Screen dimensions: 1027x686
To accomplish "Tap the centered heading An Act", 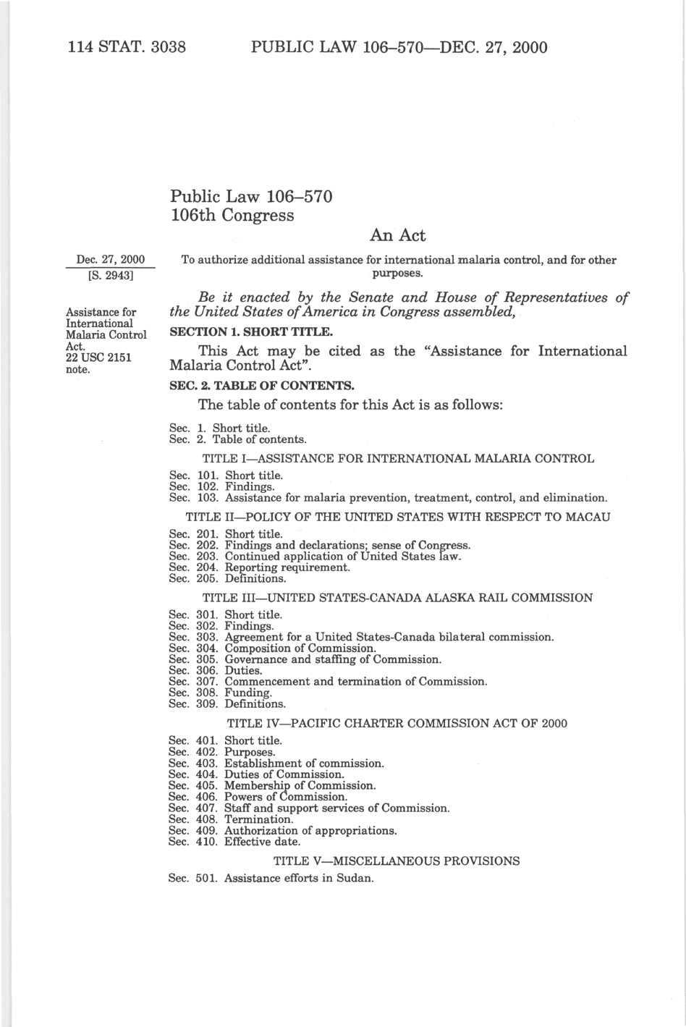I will (397, 235).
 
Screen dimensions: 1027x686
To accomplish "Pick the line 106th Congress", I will (232, 215).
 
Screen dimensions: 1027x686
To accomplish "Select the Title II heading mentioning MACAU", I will (398, 517).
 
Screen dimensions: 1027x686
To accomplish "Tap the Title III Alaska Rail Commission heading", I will (397, 598).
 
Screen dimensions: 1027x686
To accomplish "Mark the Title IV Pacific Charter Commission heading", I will (397, 723).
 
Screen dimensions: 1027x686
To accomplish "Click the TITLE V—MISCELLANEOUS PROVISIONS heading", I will (397, 861).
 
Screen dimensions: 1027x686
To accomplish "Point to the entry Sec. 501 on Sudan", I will (271, 879).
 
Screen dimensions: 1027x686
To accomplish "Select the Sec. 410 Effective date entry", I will (234, 842).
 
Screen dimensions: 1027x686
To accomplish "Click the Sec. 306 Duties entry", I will (215, 671).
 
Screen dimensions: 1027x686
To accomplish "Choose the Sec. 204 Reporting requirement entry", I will (259, 567).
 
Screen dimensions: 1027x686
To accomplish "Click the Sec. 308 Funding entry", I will (220, 693).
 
